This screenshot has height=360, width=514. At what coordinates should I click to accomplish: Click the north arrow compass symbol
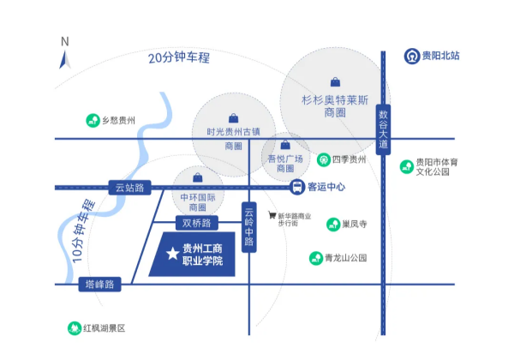(65, 60)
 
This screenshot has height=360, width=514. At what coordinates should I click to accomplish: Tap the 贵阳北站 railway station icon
(412, 56)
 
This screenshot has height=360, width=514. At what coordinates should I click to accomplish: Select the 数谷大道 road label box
(383, 129)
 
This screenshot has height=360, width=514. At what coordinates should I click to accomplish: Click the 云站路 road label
(130, 188)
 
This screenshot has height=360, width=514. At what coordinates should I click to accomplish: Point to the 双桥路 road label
(197, 223)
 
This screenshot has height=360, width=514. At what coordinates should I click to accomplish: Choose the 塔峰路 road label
(99, 285)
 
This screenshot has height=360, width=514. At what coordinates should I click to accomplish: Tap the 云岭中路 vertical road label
(249, 227)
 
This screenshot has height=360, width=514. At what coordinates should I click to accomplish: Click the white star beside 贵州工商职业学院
(172, 254)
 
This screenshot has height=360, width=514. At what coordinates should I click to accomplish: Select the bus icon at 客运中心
(297, 187)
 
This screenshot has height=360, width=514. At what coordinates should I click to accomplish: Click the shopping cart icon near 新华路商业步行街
(272, 215)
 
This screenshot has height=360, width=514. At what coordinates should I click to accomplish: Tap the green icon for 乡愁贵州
(93, 120)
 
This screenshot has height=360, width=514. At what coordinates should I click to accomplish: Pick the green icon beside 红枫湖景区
(75, 328)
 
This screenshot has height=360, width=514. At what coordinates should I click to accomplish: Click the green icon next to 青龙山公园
(316, 258)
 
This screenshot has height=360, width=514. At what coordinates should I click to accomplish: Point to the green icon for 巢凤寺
(333, 225)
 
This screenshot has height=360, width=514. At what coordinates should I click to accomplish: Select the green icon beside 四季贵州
(324, 159)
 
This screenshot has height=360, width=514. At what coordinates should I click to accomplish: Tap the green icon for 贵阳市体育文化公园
(407, 166)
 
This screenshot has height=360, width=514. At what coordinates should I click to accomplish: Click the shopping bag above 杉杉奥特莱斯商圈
(335, 82)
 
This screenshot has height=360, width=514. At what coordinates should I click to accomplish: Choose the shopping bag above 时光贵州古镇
(233, 118)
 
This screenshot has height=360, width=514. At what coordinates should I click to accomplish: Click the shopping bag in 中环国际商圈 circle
(198, 177)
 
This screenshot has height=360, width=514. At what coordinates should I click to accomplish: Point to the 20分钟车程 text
(179, 57)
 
